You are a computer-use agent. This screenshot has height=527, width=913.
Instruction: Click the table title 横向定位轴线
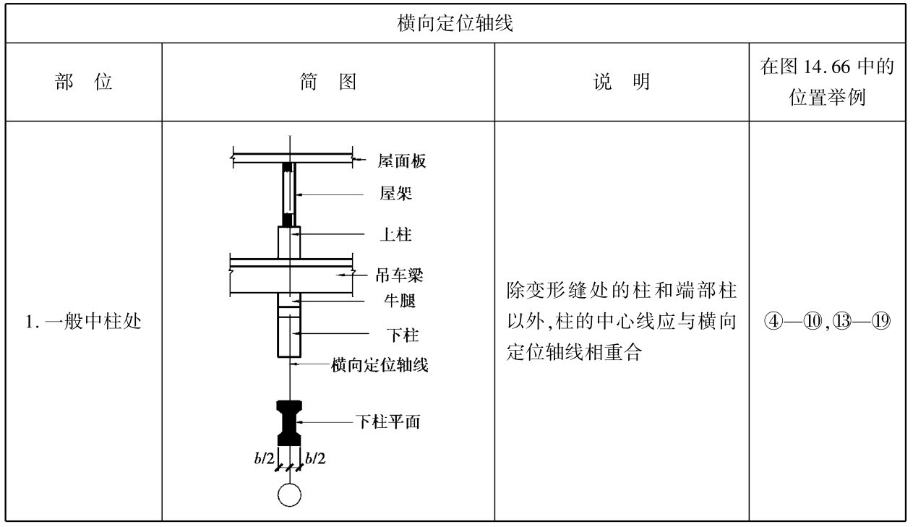click(x=455, y=24)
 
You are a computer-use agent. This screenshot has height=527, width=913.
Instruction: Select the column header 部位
click(x=84, y=82)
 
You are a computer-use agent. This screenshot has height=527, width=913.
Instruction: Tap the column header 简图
click(x=328, y=82)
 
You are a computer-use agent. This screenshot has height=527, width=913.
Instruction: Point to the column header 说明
click(x=621, y=82)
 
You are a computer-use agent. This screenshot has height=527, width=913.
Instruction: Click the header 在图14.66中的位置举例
click(x=827, y=82)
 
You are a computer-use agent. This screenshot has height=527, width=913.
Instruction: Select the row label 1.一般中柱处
click(x=84, y=322)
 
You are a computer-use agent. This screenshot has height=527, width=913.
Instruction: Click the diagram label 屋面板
click(x=401, y=160)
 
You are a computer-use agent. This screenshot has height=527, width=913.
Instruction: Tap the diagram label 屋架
click(x=396, y=193)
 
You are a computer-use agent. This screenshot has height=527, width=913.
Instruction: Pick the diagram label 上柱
click(x=396, y=234)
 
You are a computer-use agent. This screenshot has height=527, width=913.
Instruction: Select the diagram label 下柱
click(x=403, y=335)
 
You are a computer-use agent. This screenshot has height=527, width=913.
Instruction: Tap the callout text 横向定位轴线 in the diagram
click(x=380, y=365)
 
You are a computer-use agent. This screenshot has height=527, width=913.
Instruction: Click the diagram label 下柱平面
click(x=387, y=421)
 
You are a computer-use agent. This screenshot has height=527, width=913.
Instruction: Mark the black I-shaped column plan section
click(x=290, y=423)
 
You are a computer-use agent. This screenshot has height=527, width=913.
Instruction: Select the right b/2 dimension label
click(x=315, y=458)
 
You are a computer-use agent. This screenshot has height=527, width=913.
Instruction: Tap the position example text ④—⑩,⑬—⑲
click(x=827, y=322)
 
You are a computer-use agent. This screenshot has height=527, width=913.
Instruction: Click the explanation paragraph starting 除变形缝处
click(x=621, y=322)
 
